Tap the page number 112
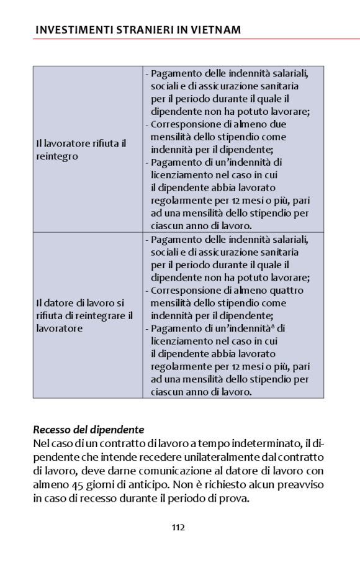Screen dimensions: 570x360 [x=179, y=528]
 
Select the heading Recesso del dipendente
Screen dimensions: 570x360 [x=88, y=429]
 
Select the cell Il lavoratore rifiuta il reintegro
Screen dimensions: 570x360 [x=81, y=150]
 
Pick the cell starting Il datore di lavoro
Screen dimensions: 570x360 [x=84, y=315]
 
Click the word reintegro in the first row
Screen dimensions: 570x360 [x=57, y=156]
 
